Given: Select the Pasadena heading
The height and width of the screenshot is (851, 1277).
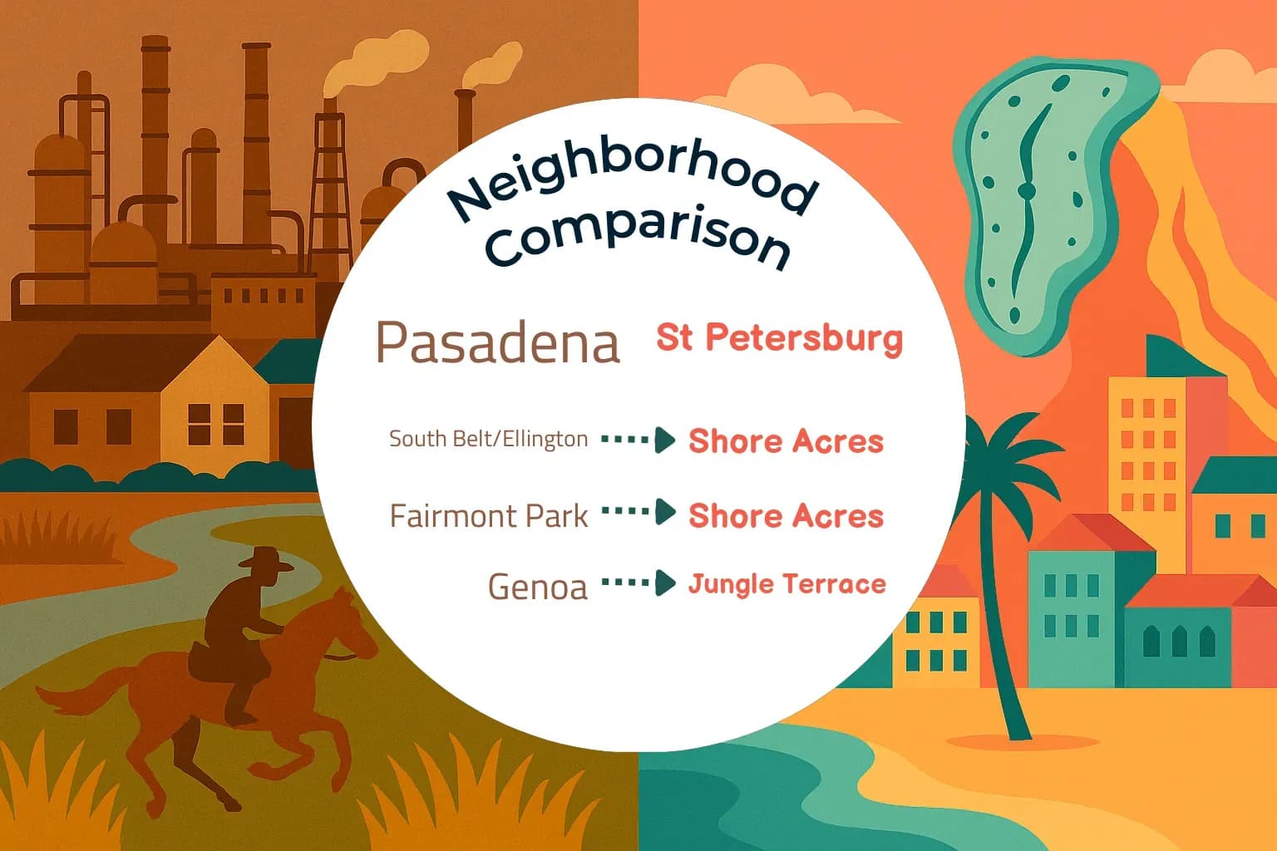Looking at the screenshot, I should [x=498, y=342].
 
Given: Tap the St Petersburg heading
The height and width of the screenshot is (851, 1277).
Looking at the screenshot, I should [x=779, y=338].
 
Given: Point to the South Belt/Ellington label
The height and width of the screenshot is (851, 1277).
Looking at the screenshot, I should [x=488, y=439].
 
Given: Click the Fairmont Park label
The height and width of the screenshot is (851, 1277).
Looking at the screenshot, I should [x=489, y=516].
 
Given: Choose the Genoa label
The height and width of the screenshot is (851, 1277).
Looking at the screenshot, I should [x=537, y=587].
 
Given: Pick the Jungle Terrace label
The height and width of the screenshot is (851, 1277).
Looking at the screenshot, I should [x=786, y=584].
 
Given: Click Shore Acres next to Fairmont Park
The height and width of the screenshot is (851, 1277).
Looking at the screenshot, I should [x=786, y=516].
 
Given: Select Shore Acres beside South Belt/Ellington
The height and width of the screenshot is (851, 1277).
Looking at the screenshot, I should [x=786, y=441].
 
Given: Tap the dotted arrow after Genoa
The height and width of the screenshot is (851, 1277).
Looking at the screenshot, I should [x=638, y=583].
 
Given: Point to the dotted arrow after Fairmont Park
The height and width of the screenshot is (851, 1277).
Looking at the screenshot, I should [x=638, y=512].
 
